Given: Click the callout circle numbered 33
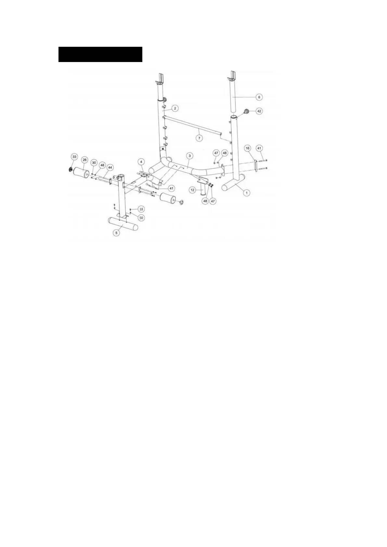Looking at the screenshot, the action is click(74, 157).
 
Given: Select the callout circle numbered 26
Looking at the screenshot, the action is click(84, 160).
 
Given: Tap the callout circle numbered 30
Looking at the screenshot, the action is click(94, 162).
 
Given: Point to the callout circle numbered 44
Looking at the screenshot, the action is click(110, 167).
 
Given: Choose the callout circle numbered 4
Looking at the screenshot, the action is click(141, 161).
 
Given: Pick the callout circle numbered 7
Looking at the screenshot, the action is click(200, 138).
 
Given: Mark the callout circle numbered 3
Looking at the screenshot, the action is click(190, 156).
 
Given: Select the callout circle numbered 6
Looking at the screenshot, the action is click(259, 97).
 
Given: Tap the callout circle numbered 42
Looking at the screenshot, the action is click(259, 111).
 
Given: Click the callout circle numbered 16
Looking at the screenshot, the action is click(248, 148).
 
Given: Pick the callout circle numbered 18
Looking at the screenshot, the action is click(141, 209).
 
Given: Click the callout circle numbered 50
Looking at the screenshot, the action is click(141, 217).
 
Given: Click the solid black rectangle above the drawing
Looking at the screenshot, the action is click(100, 54).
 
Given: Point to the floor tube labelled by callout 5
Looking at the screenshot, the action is click(123, 223).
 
